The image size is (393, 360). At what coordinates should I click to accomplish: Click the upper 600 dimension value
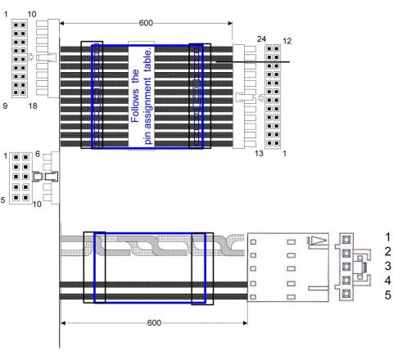[146, 23]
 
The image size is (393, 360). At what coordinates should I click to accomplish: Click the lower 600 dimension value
[154, 323]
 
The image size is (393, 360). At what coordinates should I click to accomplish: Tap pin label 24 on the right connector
[261, 39]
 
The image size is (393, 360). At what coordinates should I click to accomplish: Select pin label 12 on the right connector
[287, 41]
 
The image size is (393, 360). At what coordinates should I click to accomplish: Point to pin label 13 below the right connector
[259, 154]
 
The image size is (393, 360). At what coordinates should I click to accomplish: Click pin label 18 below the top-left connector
[33, 106]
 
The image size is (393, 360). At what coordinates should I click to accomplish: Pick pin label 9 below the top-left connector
[5, 106]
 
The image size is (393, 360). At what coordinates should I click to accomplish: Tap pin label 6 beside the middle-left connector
[38, 154]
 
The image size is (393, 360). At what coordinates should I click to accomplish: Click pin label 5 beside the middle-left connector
[2, 200]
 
